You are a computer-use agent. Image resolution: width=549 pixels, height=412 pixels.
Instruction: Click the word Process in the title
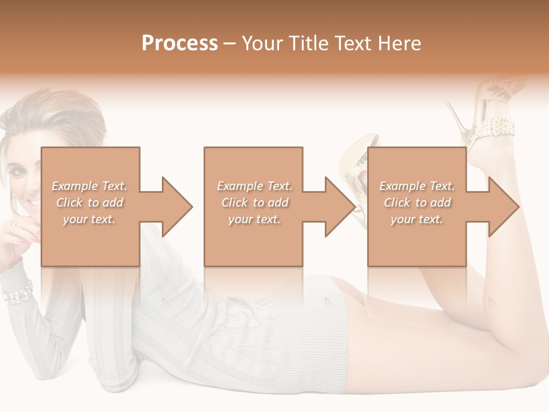click(x=180, y=43)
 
